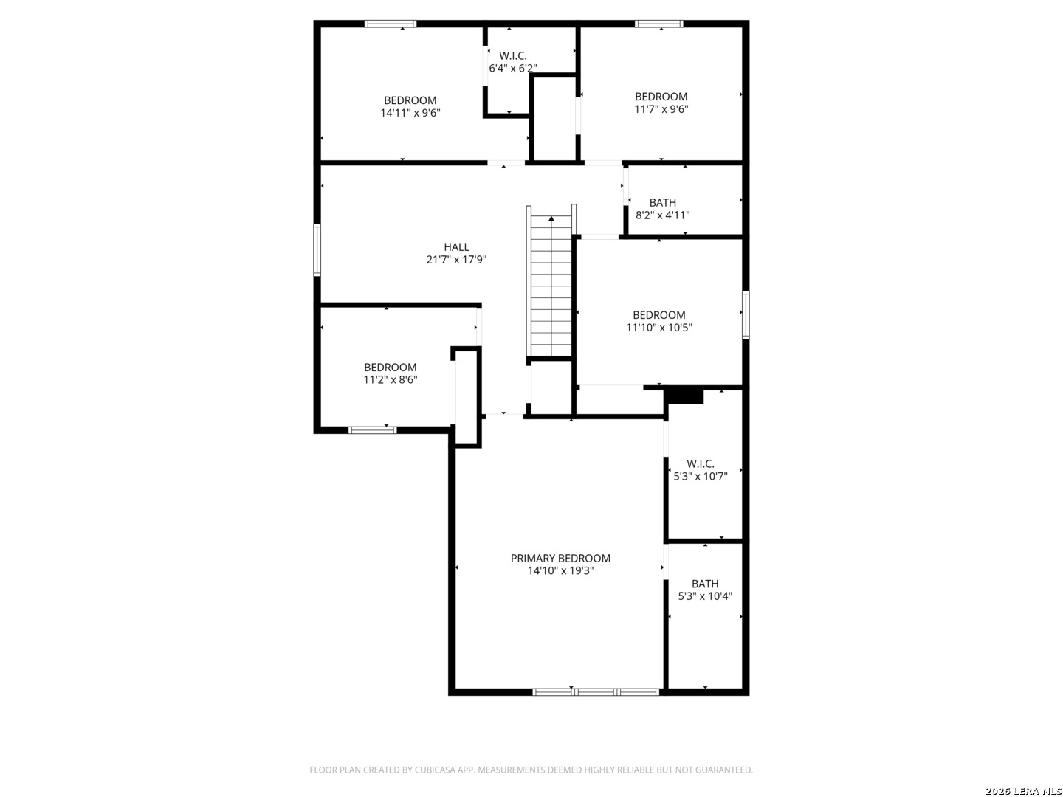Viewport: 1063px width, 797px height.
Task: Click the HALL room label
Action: pos(456,246)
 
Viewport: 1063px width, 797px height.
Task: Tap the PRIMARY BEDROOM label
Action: pos(560,558)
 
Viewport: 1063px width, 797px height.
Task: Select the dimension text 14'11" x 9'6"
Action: pos(410,113)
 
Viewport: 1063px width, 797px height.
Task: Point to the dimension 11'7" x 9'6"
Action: pos(661,109)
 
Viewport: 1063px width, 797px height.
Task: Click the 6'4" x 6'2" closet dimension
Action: pos(513,68)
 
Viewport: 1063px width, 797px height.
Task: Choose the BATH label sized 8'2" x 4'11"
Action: pos(662,202)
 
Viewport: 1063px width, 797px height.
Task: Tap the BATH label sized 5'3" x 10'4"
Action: pos(705,584)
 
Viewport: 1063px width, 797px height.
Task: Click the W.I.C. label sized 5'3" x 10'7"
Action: pos(701,463)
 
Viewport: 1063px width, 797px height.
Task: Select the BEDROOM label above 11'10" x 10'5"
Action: pos(659,314)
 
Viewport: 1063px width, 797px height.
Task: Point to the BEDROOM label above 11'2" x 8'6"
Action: pos(391,367)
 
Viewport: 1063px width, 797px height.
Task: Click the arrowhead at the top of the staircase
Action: pos(551,218)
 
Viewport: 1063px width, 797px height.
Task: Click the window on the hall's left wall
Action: pos(317,249)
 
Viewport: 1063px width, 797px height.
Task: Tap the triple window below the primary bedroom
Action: pos(596,692)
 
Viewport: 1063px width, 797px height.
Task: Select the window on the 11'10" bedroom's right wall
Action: pos(746,314)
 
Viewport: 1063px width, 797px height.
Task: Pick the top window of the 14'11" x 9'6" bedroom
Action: pos(391,24)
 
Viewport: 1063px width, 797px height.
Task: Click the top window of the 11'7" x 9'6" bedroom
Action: pos(659,24)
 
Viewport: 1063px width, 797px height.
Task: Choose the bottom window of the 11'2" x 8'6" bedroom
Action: pos(372,429)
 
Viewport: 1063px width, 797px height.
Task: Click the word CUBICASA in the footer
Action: pos(434,770)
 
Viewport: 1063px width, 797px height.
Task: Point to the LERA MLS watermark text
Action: pos(1036,791)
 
